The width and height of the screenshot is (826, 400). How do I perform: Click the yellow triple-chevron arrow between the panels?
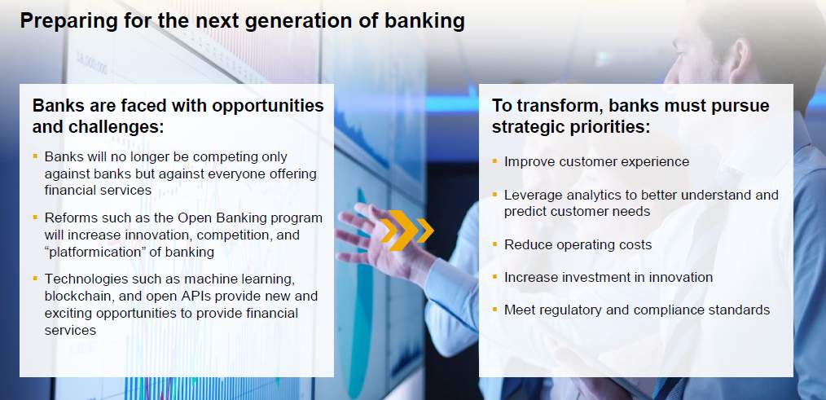click(406, 231)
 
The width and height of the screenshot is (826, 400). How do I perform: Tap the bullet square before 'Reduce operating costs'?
click(494, 244)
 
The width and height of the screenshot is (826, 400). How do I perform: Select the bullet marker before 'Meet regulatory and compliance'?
click(494, 309)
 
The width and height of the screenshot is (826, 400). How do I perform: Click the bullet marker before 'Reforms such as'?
click(35, 217)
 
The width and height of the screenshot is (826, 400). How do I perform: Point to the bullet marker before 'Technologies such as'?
click(35, 278)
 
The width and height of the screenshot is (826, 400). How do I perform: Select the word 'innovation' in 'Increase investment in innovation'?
click(681, 277)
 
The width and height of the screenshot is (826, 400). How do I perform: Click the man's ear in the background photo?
click(740, 61)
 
